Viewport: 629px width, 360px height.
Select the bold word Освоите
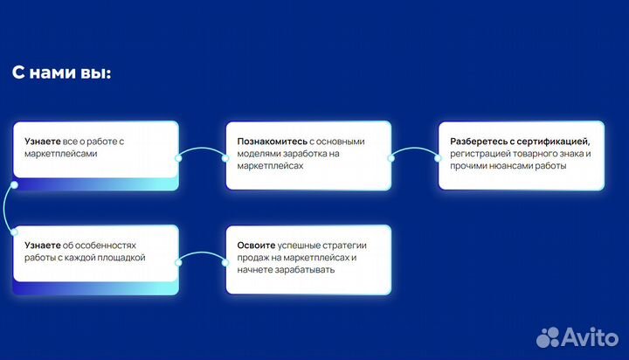256,246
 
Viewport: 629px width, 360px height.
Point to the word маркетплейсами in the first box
56,153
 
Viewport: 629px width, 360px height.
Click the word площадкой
121,258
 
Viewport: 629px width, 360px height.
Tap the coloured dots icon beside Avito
550,336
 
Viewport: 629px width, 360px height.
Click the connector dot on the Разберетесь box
439,157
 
